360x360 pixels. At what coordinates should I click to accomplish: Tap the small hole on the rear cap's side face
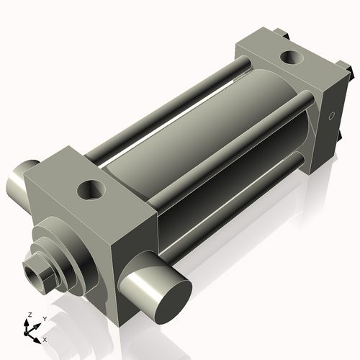tap(332, 116)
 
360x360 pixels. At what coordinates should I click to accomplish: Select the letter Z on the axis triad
tap(29, 315)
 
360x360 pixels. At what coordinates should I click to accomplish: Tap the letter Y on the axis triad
tap(44, 318)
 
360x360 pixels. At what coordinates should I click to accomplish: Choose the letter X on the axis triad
tap(45, 338)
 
